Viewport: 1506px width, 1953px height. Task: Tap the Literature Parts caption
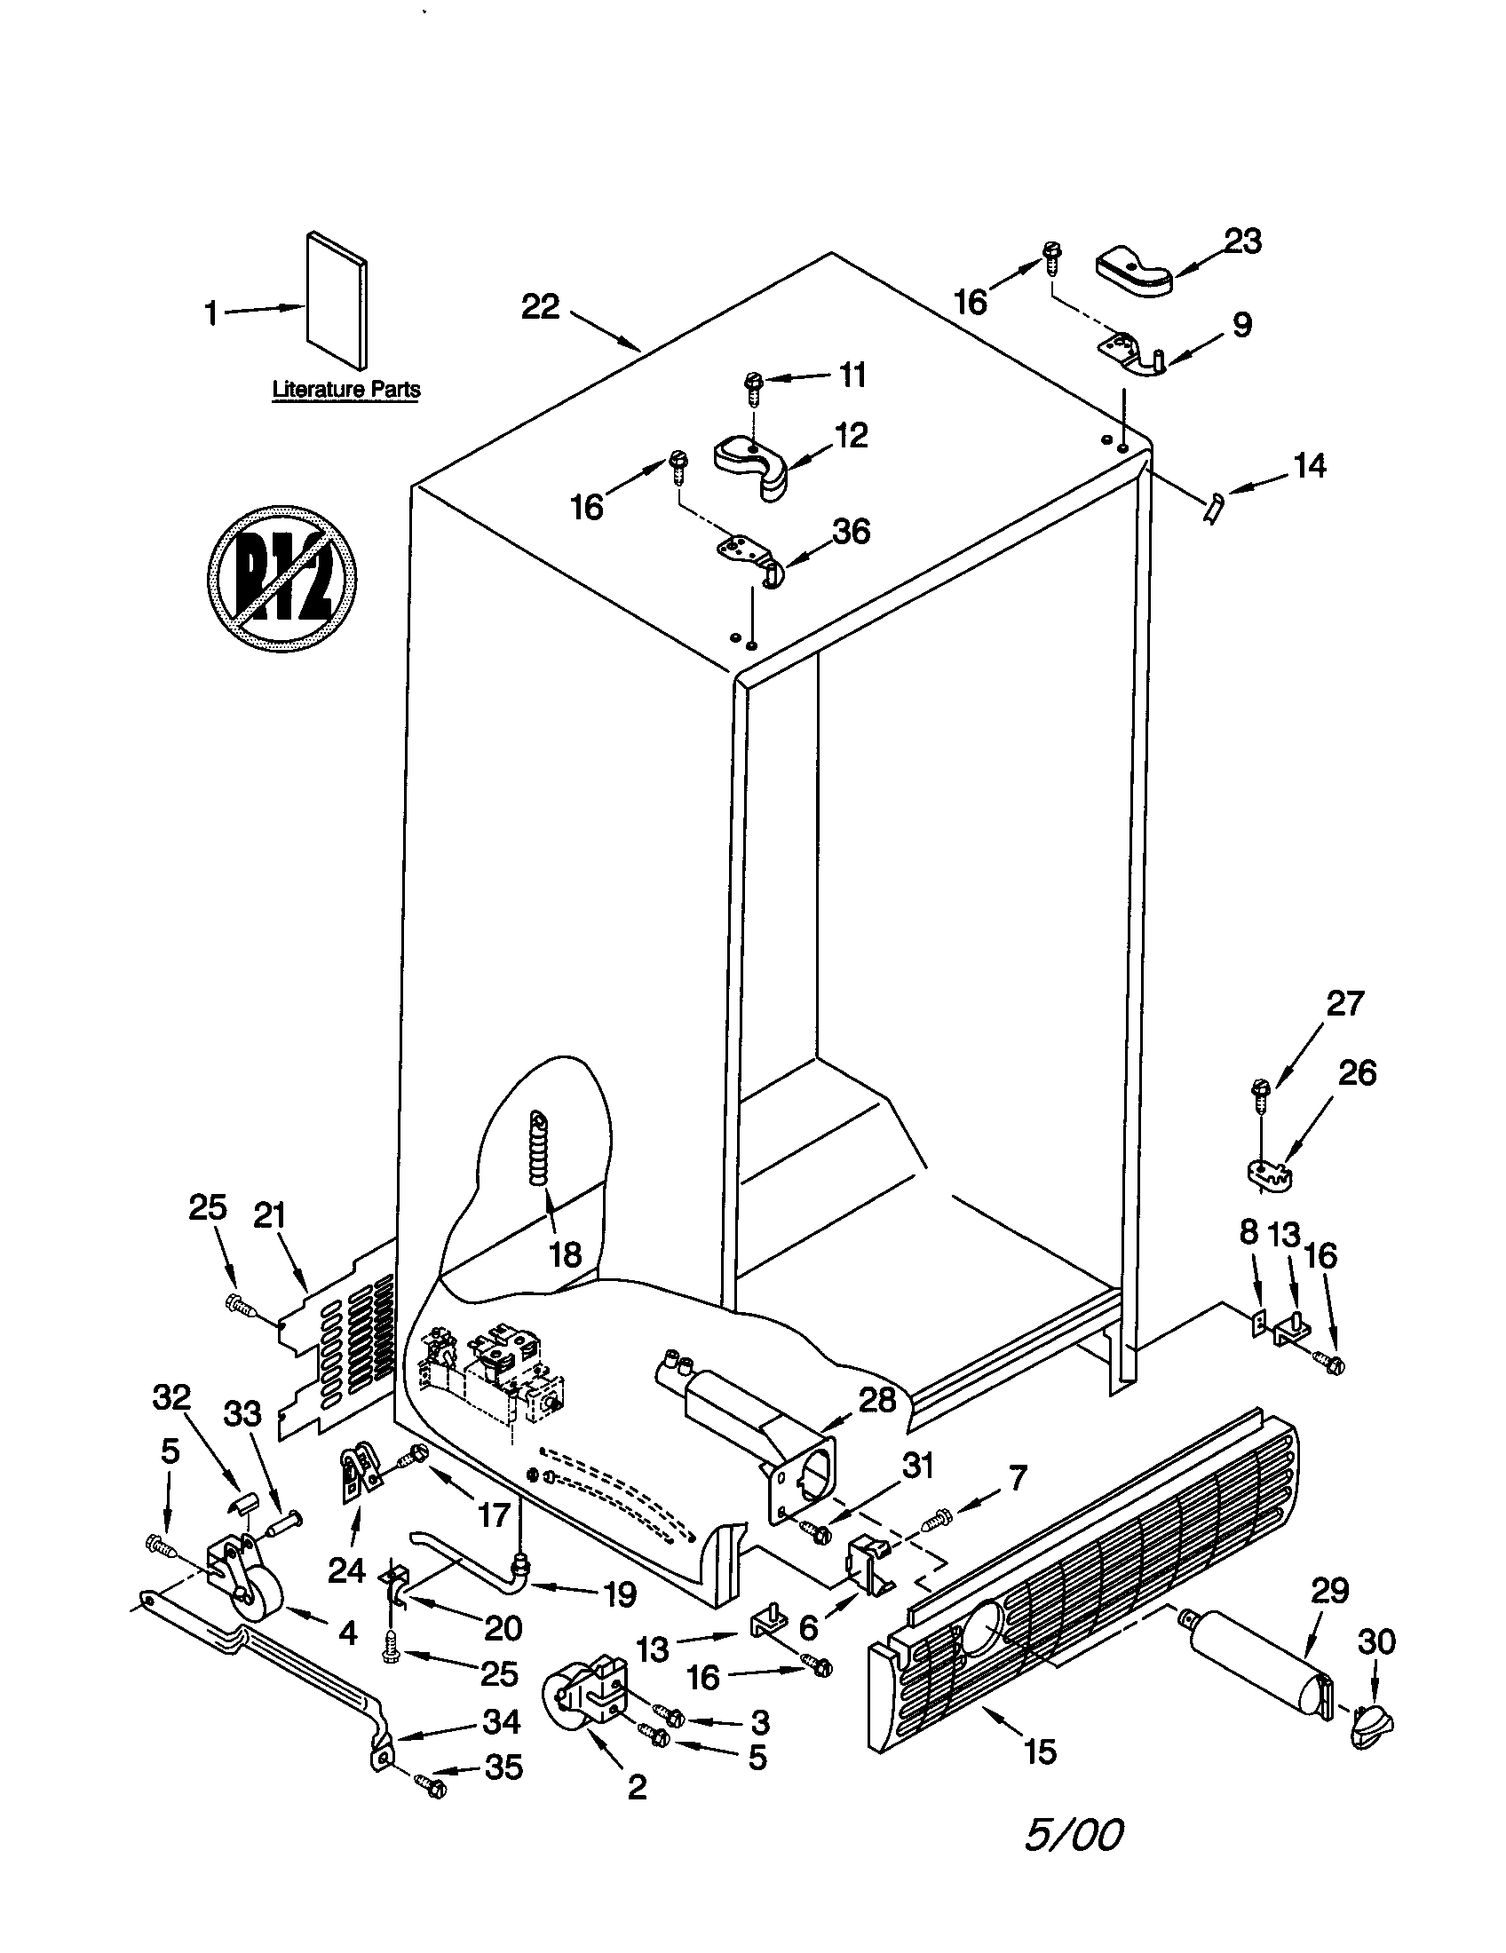pos(346,390)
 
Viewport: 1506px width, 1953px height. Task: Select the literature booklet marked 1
pos(336,301)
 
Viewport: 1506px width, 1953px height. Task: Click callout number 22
pos(540,308)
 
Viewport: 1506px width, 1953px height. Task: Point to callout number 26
pos(1356,1072)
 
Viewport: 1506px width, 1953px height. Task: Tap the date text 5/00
pos(1073,1860)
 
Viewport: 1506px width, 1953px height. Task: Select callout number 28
pos(876,1399)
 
